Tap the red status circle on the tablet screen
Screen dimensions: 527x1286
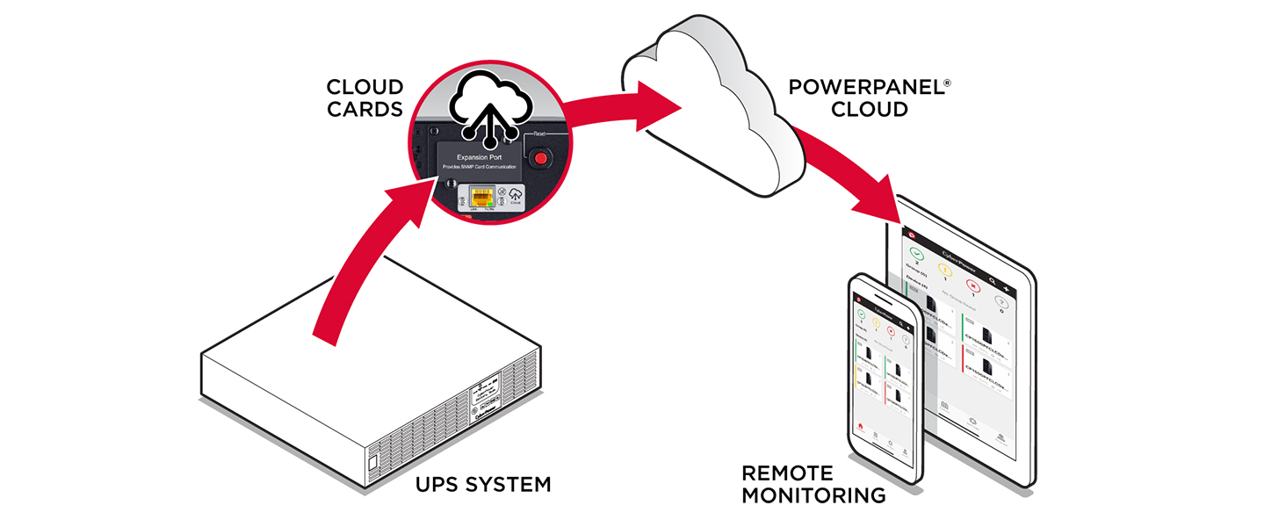pyautogui.click(x=973, y=285)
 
